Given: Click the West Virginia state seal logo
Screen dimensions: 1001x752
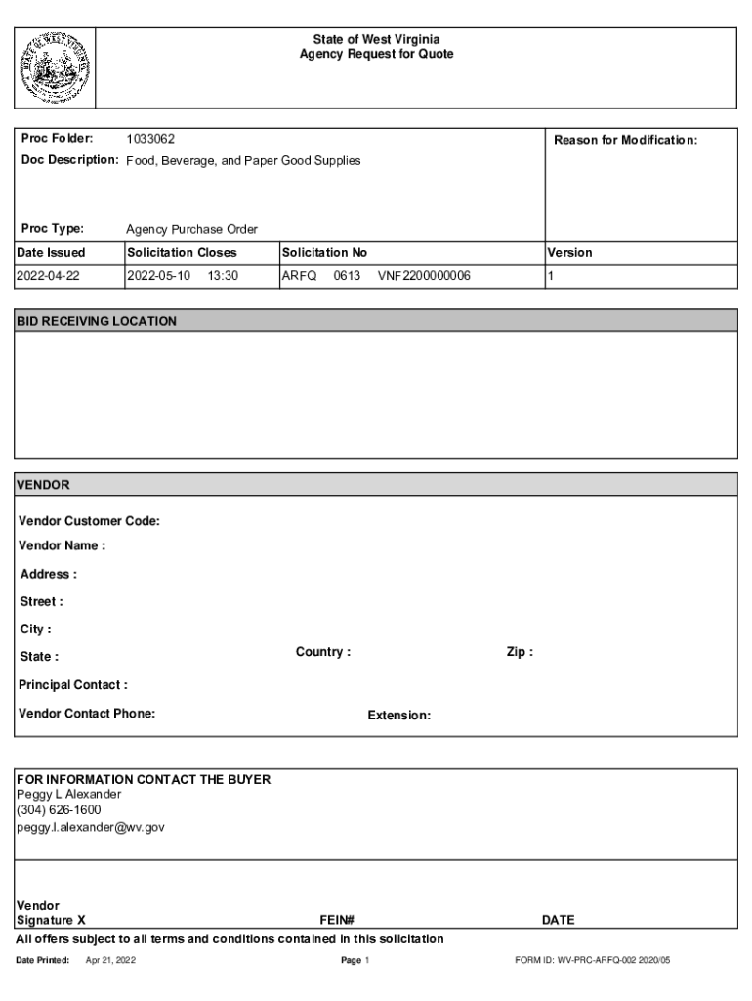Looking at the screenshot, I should (x=56, y=67).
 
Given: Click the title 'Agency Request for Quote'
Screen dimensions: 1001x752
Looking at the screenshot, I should (x=376, y=55).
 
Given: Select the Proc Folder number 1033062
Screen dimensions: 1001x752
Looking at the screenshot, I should (x=150, y=140).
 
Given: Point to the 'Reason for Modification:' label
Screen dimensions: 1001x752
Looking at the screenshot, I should (x=625, y=140).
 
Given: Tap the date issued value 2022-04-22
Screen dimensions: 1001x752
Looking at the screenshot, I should (x=49, y=276).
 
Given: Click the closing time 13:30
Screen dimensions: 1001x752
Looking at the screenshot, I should (x=223, y=276).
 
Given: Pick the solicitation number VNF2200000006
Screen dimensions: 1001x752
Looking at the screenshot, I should (x=424, y=276).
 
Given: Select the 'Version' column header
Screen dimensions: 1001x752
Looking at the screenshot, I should (x=570, y=252).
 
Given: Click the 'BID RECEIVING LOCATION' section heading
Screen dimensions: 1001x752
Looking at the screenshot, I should (x=97, y=321).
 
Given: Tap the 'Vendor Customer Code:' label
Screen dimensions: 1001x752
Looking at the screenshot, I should (x=89, y=521).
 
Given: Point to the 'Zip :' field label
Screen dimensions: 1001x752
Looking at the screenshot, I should (x=520, y=652).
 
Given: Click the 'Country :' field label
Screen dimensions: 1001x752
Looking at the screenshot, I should (x=323, y=652).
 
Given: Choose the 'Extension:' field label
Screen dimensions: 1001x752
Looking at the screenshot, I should (x=398, y=716).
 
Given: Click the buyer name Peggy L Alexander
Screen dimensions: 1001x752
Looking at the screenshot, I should (x=68, y=794).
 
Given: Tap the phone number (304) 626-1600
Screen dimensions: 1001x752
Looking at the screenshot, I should (x=59, y=810).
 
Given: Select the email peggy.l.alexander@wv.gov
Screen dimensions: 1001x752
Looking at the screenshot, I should (x=90, y=827).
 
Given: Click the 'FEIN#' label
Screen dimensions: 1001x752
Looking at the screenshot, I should (x=336, y=920).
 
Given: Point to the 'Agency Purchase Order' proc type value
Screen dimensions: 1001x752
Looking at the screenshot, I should (x=191, y=229).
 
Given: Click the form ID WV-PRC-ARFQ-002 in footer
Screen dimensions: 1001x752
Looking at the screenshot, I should (x=593, y=961).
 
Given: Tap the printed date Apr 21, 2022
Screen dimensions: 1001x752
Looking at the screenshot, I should (x=110, y=961).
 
